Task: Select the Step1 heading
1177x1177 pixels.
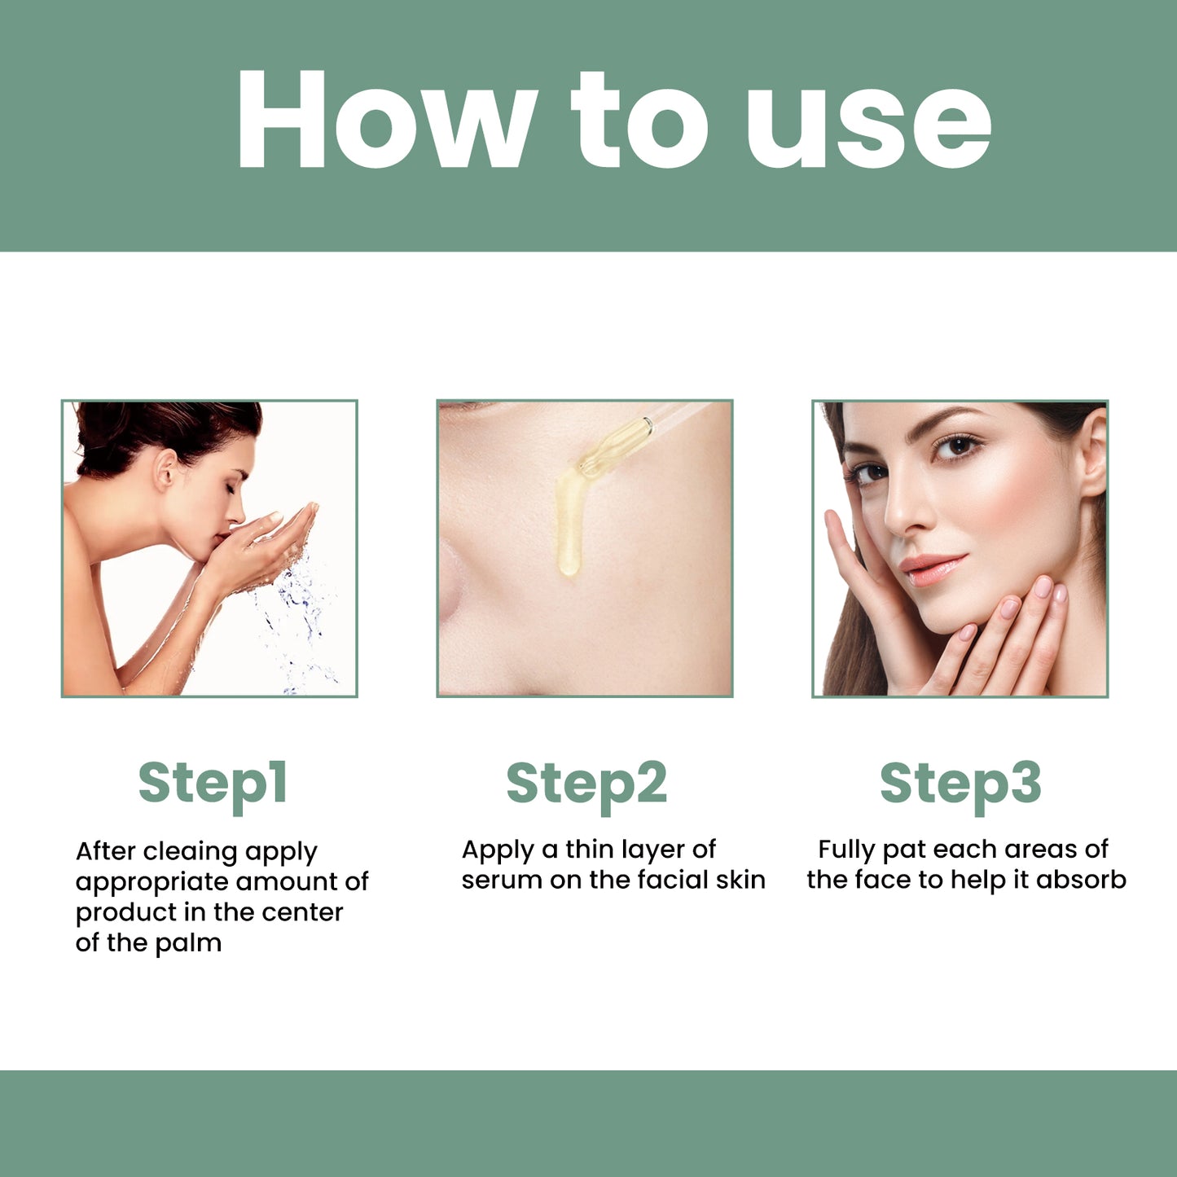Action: [213, 784]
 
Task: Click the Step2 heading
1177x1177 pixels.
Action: [586, 784]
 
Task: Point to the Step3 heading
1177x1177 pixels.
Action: [960, 784]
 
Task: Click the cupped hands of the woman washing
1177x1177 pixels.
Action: [269, 542]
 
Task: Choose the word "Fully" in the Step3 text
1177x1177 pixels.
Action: [846, 850]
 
